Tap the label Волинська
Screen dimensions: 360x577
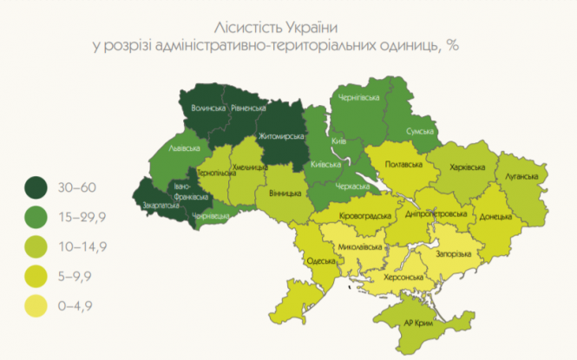207,108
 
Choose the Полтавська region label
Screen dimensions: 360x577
402,165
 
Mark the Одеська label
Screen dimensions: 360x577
321,261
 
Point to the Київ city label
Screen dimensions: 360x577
340,140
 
